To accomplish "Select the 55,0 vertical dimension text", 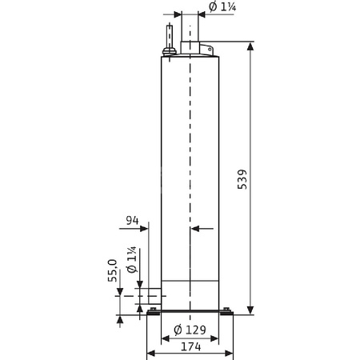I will point(113,270).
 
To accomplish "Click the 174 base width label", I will point(190,346).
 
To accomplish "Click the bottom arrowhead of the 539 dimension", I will point(252,309).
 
